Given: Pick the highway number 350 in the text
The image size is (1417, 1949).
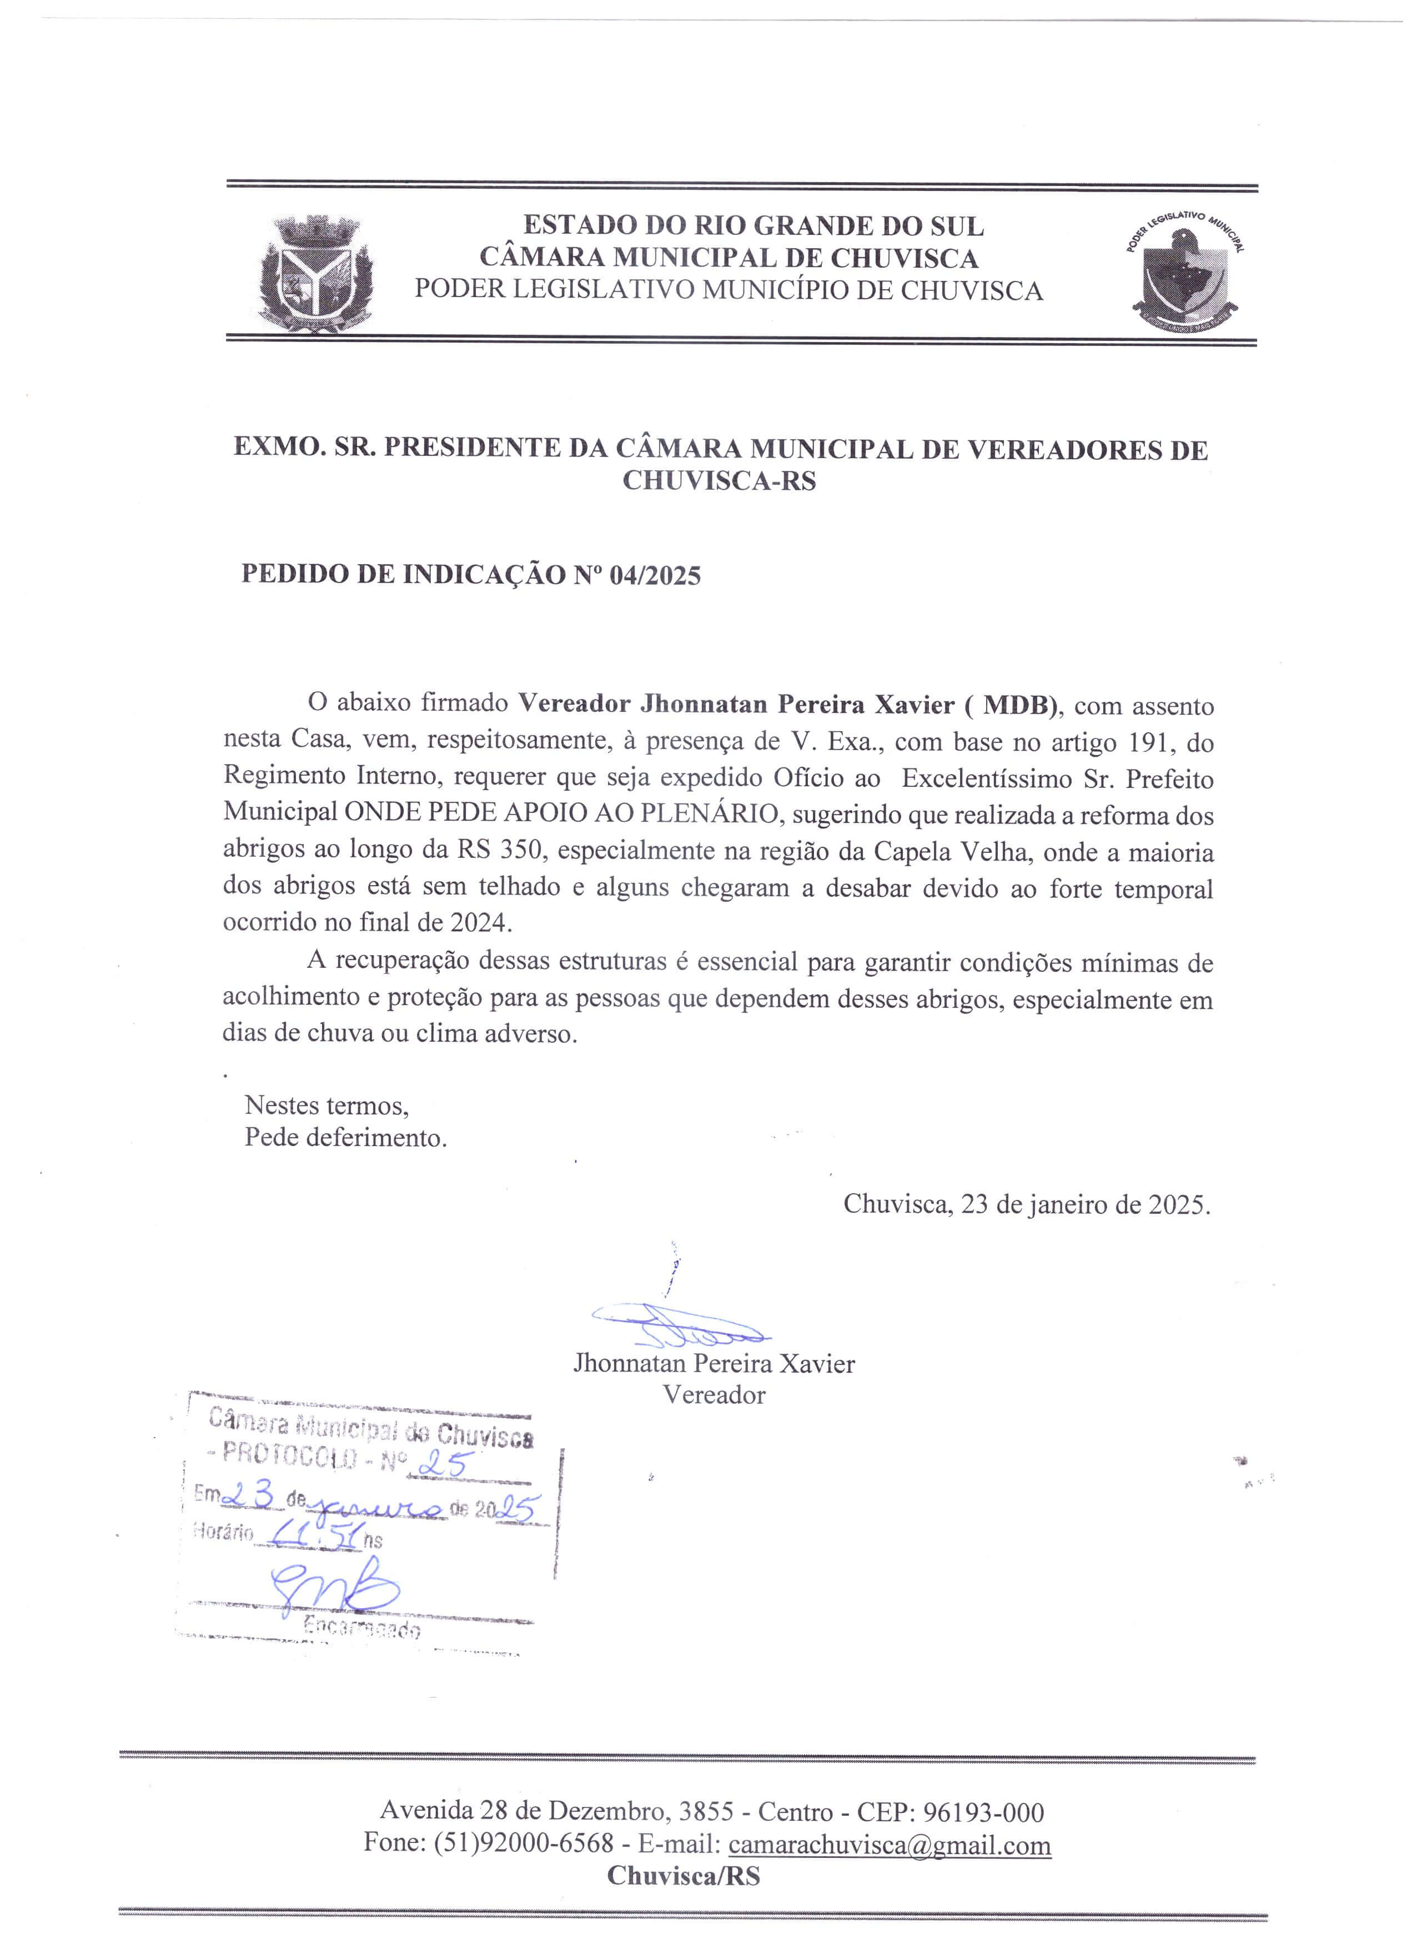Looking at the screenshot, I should point(522,851).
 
